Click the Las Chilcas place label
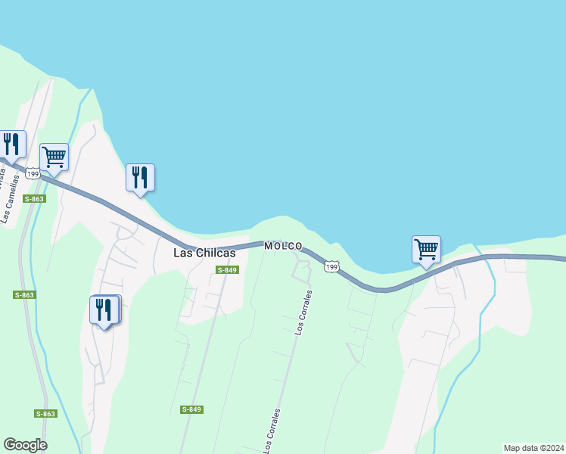click(204, 253)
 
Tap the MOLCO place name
click(283, 246)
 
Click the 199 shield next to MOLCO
click(331, 266)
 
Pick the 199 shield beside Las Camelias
click(32, 174)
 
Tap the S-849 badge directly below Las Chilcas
click(227, 270)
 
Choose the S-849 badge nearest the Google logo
click(191, 409)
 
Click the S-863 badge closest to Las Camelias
click(34, 199)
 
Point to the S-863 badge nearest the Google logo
click(45, 414)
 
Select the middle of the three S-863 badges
click(25, 294)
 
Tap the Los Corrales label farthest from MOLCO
click(272, 431)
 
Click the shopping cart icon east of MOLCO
click(426, 249)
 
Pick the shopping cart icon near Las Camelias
click(54, 157)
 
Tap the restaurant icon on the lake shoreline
click(140, 177)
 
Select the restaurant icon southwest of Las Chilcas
click(104, 309)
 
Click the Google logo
click(25, 445)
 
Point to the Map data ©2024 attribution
click(533, 448)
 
